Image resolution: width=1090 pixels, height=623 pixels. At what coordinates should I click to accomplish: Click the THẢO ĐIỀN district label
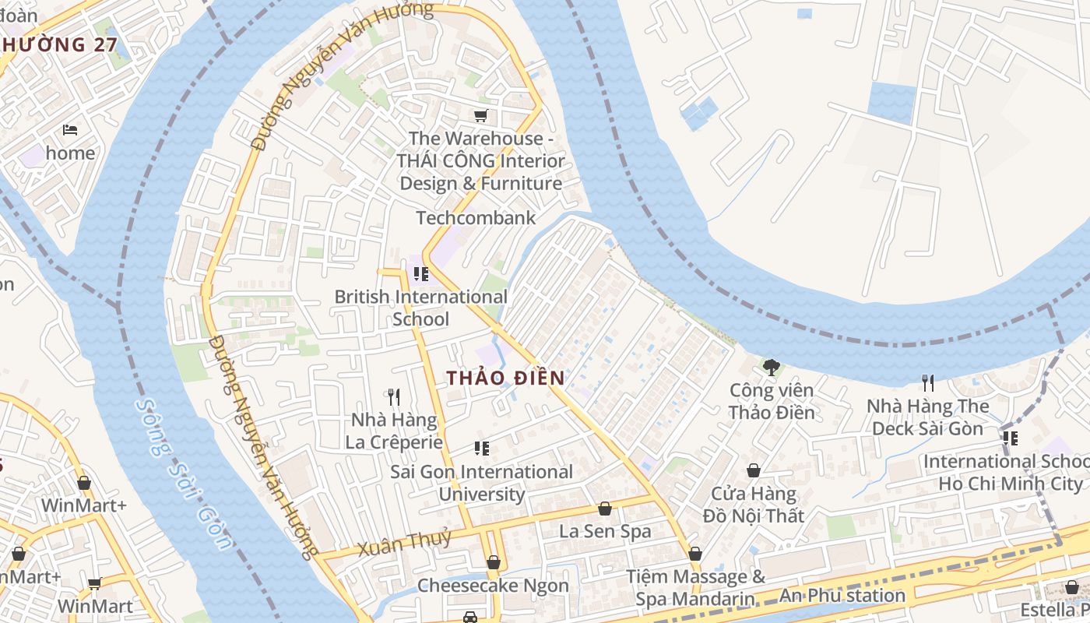[x=505, y=378]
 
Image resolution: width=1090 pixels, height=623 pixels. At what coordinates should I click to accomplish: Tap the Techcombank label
[x=476, y=218]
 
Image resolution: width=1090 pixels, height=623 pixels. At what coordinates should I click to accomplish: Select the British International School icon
[x=421, y=274]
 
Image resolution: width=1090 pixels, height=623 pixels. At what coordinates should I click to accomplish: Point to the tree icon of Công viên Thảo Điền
[x=771, y=367]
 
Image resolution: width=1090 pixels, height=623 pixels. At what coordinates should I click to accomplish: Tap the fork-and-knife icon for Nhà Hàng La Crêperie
[x=394, y=397]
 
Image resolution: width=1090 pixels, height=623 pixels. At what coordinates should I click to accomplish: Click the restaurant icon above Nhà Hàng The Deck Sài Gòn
[x=927, y=382]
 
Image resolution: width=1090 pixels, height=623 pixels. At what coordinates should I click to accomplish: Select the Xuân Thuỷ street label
[x=404, y=542]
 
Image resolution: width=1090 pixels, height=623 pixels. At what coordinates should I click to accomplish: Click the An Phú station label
[x=842, y=597]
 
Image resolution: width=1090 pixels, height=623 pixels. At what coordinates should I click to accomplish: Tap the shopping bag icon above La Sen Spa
[x=605, y=509]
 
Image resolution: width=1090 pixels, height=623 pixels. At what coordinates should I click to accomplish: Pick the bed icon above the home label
[x=70, y=129]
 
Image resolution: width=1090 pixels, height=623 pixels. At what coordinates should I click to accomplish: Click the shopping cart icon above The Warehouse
[x=481, y=116]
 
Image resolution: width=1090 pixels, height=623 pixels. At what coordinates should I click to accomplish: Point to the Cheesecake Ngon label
[x=493, y=586]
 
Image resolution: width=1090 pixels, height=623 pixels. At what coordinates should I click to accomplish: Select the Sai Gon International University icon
[x=482, y=449]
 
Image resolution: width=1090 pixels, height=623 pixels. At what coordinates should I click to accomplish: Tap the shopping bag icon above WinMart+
[x=84, y=483]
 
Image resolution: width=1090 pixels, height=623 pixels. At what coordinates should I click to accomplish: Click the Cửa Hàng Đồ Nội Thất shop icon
[x=753, y=470]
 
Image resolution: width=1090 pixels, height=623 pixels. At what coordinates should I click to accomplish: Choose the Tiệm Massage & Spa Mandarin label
[x=695, y=588]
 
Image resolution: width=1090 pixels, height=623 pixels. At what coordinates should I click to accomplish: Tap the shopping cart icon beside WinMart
[x=94, y=584]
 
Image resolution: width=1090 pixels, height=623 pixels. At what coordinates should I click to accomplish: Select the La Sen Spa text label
[x=605, y=532]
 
